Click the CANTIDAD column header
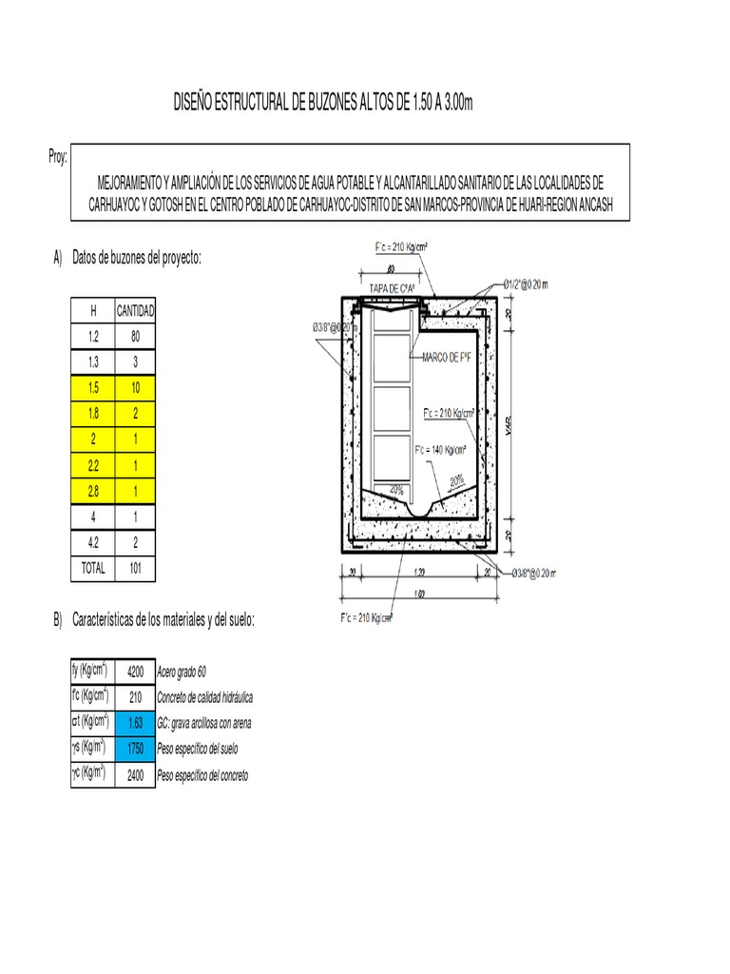click(x=136, y=311)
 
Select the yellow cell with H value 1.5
click(x=93, y=388)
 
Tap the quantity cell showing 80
click(x=136, y=337)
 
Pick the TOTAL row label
click(x=93, y=569)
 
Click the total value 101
click(x=136, y=569)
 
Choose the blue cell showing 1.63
click(x=135, y=723)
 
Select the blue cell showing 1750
click(x=135, y=749)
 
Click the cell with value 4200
click(x=135, y=672)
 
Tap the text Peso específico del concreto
click(x=208, y=776)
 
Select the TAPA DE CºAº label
click(x=395, y=287)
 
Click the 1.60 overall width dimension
click(x=419, y=594)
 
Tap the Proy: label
click(x=58, y=158)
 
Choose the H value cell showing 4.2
click(x=93, y=543)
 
